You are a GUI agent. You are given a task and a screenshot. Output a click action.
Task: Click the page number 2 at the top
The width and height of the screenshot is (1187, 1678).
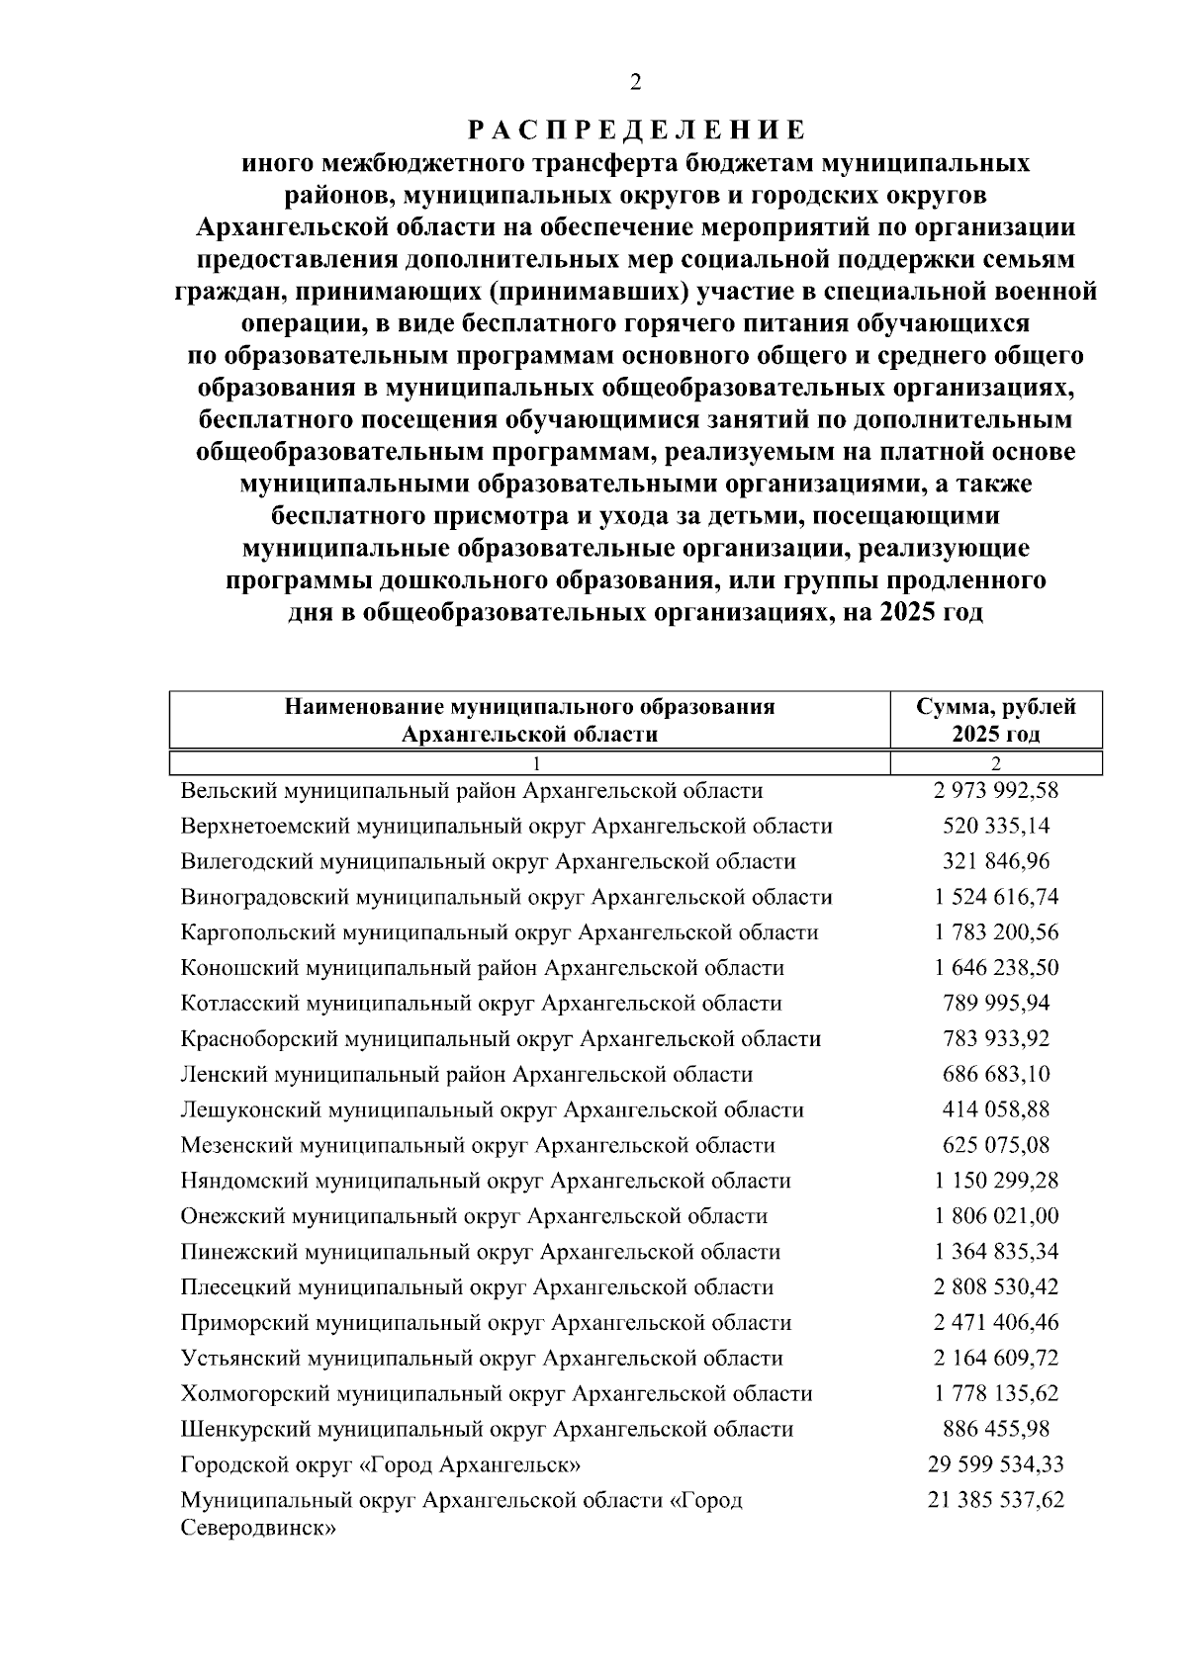pyautogui.click(x=635, y=82)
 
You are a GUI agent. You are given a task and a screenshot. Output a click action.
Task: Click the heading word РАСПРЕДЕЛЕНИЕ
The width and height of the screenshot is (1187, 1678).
pyautogui.click(x=635, y=130)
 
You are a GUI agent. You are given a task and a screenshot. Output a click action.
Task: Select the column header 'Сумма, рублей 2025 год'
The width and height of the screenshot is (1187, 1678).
pyautogui.click(x=995, y=720)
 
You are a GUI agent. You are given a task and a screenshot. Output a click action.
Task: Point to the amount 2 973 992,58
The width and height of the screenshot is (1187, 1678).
pyautogui.click(x=995, y=791)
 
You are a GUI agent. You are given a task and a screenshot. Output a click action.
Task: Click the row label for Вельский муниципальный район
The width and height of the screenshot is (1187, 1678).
pyautogui.click(x=472, y=791)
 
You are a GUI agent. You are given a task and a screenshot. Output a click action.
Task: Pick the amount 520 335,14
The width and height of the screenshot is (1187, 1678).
pyautogui.click(x=995, y=827)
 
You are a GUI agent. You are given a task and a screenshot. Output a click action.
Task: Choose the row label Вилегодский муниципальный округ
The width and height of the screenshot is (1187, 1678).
pyautogui.click(x=488, y=862)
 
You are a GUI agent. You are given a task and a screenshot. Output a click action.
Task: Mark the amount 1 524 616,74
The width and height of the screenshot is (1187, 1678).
pyautogui.click(x=995, y=898)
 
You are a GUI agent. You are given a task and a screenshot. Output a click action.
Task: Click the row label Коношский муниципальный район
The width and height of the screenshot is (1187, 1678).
pyautogui.click(x=483, y=968)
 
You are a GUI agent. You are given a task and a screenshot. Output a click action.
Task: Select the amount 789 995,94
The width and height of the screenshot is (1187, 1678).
pyautogui.click(x=995, y=1004)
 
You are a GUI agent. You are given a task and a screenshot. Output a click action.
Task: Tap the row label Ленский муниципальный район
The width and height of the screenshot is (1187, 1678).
pyautogui.click(x=467, y=1075)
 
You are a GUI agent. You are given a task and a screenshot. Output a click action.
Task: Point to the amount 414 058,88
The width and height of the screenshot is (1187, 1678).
pyautogui.click(x=995, y=1110)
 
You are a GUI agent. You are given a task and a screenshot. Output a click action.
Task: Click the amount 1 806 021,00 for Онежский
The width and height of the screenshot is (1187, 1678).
pyautogui.click(x=995, y=1216)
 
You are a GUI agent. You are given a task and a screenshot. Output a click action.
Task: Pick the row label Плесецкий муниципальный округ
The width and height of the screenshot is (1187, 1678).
pyautogui.click(x=477, y=1287)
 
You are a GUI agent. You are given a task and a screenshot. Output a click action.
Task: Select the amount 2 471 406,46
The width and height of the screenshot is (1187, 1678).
pyautogui.click(x=995, y=1323)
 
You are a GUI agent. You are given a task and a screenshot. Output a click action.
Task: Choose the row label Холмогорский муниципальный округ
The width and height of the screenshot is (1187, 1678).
pyautogui.click(x=497, y=1394)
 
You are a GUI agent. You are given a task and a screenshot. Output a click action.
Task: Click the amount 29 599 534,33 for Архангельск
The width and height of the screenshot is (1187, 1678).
pyautogui.click(x=995, y=1464)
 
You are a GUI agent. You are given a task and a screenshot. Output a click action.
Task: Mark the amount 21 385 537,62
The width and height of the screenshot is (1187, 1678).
pyautogui.click(x=995, y=1500)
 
